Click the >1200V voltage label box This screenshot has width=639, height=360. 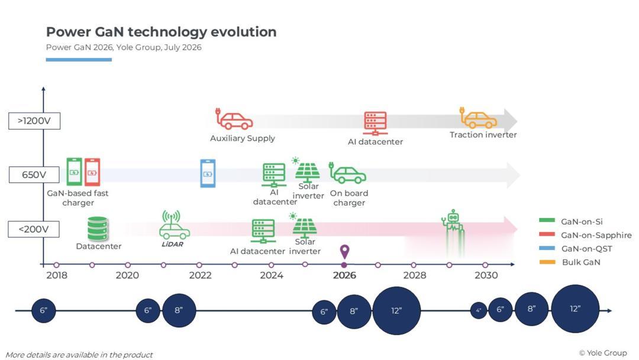click(34, 121)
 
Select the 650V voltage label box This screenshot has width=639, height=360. click(34, 175)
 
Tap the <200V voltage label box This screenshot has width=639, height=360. click(34, 229)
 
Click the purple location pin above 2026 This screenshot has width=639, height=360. click(344, 251)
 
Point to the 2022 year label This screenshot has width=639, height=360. click(200, 275)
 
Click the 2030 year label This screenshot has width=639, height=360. click(486, 275)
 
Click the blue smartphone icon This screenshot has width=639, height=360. click(208, 173)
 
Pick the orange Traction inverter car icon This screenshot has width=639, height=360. click(479, 118)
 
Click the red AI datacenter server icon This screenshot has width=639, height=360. click(375, 123)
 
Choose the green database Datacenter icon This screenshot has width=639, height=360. click(98, 229)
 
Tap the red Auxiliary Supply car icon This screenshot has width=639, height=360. click(234, 119)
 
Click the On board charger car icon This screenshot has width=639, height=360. click(348, 173)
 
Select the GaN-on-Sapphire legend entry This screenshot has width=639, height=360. click(585, 235)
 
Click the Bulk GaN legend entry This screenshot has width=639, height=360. click(570, 262)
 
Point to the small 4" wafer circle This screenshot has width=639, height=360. click(479, 311)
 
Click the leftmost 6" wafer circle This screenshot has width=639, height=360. click(44, 311)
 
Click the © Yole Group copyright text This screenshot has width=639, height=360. click(603, 353)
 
